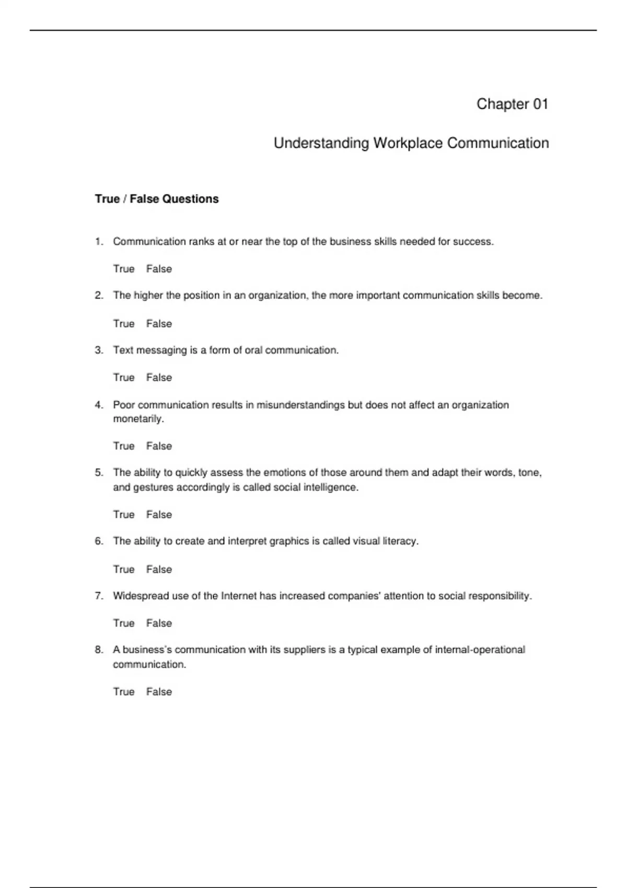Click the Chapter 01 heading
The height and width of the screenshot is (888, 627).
pos(512,104)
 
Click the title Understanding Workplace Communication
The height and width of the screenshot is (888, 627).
pos(411,143)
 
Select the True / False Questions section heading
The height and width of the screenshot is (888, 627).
pos(157,199)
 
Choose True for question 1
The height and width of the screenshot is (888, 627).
pos(124,269)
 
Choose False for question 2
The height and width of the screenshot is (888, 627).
pos(159,324)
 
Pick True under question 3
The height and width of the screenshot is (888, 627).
pos(124,378)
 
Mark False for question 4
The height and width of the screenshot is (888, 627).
pos(159,446)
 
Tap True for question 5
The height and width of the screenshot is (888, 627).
pos(124,515)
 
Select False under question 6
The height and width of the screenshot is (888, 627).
pos(159,569)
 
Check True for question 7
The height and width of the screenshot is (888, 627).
pos(124,623)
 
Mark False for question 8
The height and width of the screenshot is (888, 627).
pos(159,692)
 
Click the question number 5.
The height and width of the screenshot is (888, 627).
pos(99,473)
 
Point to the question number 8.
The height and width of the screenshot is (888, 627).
pos(99,650)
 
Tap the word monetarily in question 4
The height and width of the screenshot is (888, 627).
pos(138,419)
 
